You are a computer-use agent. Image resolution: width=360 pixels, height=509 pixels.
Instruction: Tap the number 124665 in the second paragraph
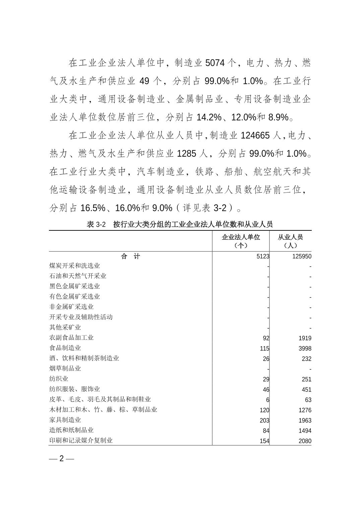pos(255,135)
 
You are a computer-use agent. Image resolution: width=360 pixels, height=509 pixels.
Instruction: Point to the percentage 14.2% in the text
pos(209,117)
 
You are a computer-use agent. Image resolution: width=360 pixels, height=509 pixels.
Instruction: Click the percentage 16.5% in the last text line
pos(93,208)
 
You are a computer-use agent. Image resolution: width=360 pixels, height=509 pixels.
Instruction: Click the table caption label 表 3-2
pos(96,224)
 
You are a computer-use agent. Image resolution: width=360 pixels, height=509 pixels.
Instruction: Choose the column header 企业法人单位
pos(241,237)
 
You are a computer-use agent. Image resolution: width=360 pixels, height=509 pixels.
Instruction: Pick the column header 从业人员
pos(290,237)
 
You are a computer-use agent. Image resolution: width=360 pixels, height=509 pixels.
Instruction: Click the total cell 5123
pos(263,257)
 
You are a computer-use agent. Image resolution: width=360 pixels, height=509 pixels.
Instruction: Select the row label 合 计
pos(130,257)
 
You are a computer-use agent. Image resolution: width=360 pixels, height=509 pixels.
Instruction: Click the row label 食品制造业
pos(65,348)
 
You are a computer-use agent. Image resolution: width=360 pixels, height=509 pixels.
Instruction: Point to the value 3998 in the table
pos(305,349)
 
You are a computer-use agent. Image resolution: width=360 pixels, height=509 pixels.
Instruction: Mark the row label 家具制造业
pos(65,420)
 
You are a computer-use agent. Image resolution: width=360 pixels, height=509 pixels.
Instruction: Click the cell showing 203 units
pos(264,421)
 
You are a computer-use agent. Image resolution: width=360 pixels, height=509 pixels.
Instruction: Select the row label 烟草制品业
pos(65,368)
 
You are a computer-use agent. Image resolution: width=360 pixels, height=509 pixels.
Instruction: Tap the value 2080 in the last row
pos(305,441)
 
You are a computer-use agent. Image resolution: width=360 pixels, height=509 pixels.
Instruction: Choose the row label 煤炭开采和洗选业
pos(74,266)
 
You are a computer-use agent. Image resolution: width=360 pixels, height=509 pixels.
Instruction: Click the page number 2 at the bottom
pos(61,458)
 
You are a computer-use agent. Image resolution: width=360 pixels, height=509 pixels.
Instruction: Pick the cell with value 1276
pos(305,410)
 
